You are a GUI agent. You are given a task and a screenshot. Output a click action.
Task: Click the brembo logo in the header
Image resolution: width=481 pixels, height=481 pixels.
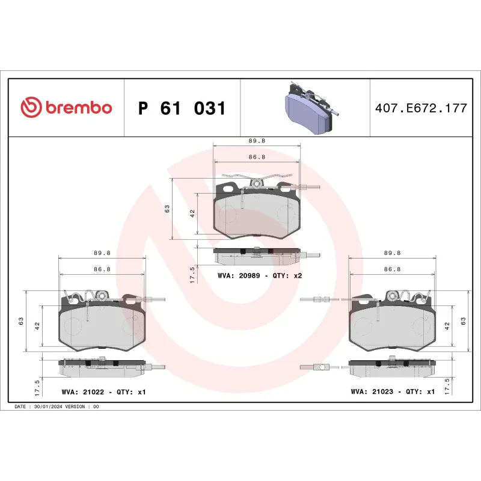coord(66,108)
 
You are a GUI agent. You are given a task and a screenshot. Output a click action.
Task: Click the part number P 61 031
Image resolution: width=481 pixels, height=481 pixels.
coord(182,109)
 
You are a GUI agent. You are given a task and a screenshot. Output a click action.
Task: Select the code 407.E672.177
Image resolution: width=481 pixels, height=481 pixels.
coord(420,109)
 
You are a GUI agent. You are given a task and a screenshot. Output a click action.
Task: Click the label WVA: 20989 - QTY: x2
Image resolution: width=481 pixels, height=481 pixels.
coord(259,275)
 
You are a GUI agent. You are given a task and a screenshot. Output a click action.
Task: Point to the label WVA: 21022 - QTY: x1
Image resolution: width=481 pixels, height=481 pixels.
coord(103,391)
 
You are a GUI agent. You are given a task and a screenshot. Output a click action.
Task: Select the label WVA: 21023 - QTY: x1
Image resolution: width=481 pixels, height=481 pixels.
coord(393,391)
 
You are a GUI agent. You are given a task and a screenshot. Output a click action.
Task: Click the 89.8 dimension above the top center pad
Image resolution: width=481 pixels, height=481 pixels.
coord(257,140)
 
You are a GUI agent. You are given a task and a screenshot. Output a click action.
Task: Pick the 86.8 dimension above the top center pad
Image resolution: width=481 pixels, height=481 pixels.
coord(257,156)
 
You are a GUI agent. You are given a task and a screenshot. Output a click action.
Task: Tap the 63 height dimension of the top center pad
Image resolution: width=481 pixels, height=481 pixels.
coord(168,209)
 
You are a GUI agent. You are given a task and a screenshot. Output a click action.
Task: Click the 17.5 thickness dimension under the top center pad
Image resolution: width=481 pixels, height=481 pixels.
coord(192,275)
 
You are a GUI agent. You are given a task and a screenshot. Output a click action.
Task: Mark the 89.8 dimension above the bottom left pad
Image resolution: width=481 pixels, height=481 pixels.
coord(102,253)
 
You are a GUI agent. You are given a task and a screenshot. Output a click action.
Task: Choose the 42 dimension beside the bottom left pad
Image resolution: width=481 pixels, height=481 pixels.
coord(37,325)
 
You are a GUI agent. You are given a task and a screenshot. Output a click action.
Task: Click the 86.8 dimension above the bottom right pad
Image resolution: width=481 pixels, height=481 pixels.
coord(392,269)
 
